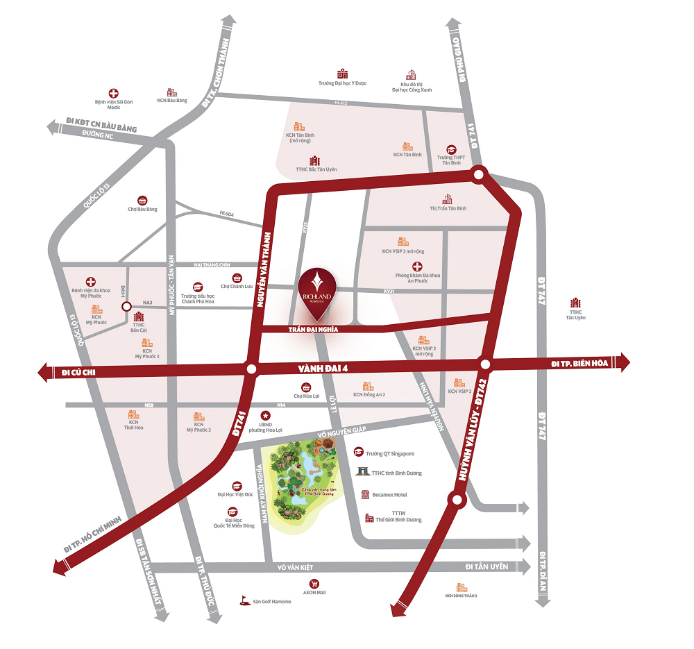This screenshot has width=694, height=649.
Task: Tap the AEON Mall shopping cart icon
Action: (x=314, y=584)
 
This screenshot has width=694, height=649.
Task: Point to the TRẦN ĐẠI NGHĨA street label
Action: (x=313, y=330)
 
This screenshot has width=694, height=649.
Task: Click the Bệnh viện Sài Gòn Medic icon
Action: (x=113, y=93)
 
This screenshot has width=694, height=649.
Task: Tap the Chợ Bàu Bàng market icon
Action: (x=142, y=199)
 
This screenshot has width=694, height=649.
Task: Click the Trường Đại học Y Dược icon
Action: (x=342, y=74)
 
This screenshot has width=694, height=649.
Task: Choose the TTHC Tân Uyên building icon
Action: (x=575, y=303)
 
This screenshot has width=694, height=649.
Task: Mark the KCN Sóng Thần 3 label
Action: (x=461, y=596)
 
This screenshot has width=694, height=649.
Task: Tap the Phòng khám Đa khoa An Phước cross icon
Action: (x=417, y=267)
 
